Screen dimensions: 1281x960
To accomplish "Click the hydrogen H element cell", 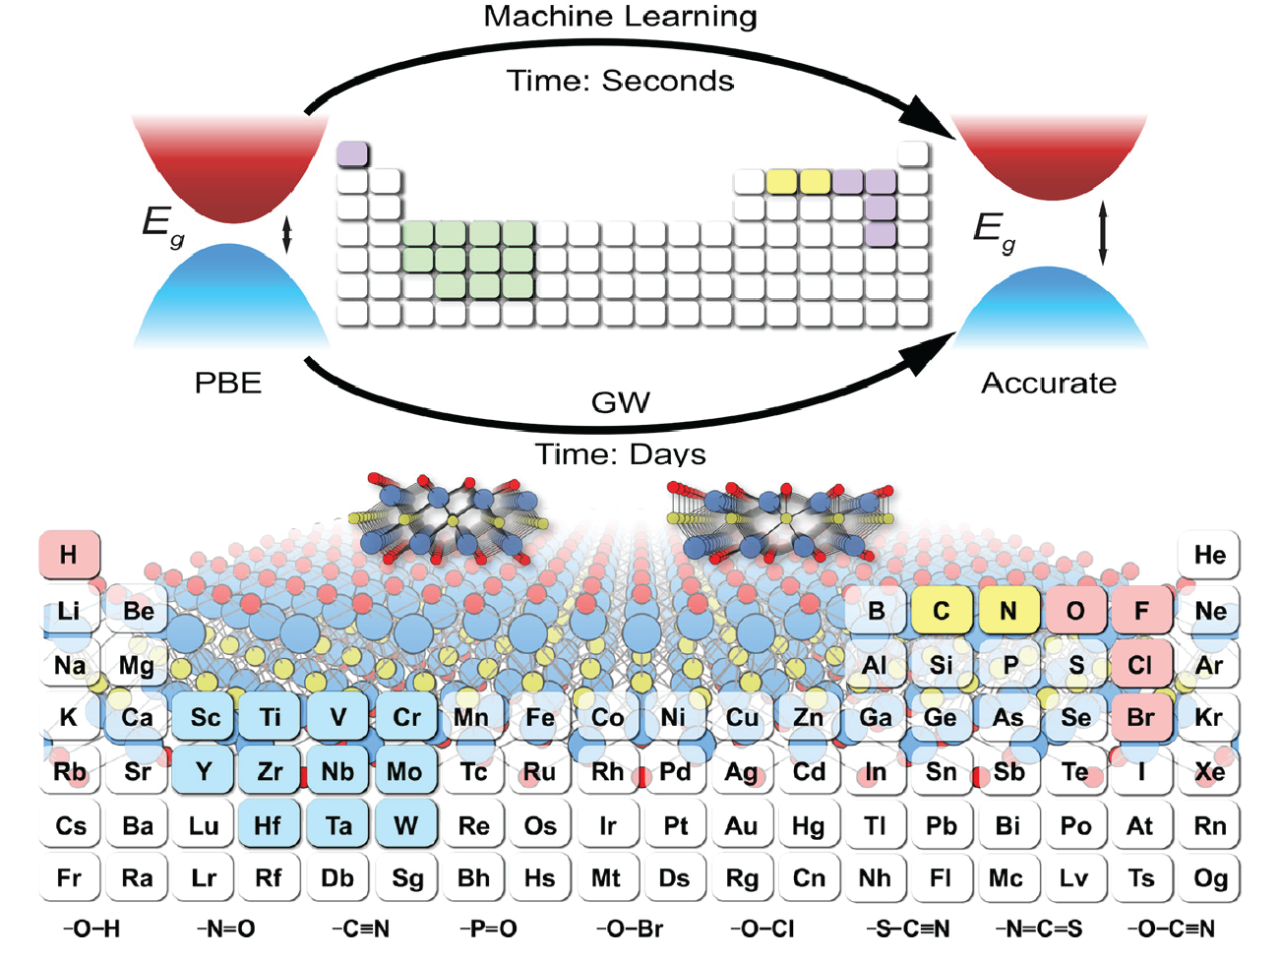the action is click(69, 554).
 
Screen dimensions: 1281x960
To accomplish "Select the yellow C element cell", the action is click(942, 610).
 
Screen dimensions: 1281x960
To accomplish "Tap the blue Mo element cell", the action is click(405, 771).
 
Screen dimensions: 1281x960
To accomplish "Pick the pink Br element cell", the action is click(1141, 717).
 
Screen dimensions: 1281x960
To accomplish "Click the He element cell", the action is click(1208, 554).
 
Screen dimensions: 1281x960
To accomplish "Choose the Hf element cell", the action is click(269, 824).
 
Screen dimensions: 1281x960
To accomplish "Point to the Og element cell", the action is click(1208, 877).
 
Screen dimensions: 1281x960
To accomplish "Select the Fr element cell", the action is click(69, 877).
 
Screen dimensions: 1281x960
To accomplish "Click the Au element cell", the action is click(741, 824).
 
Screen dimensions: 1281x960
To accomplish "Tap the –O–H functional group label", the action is click(91, 929).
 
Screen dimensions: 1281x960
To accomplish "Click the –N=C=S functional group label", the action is click(1039, 929).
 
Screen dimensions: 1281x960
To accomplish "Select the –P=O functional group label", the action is click(488, 929).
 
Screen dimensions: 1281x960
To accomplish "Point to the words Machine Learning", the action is click(621, 17).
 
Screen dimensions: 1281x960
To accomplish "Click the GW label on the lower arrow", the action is click(621, 402).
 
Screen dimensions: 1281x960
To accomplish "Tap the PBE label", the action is click(227, 384).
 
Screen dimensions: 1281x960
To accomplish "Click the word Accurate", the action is click(1049, 384).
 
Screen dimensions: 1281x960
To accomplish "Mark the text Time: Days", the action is click(621, 454).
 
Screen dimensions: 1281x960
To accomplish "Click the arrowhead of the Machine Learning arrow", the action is click(928, 118).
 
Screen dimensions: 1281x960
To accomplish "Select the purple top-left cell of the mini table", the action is click(352, 153).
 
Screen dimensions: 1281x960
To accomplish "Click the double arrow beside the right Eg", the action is click(1102, 233).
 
